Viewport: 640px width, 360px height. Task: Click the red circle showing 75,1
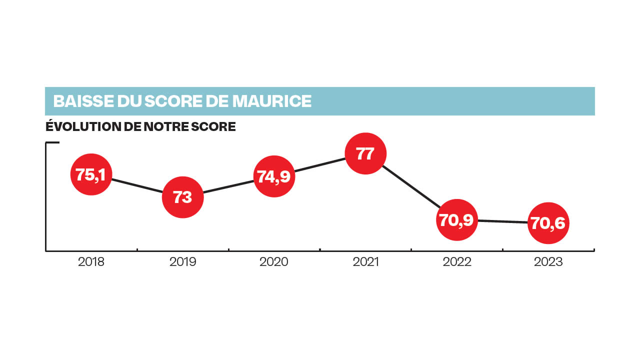click(91, 174)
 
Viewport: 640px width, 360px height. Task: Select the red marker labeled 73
click(182, 197)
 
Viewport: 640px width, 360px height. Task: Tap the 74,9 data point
click(274, 176)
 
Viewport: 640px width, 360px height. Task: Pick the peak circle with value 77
click(365, 153)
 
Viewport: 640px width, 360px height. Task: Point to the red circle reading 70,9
click(456, 220)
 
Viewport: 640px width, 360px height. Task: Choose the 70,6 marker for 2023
click(548, 223)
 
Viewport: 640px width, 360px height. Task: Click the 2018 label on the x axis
click(91, 262)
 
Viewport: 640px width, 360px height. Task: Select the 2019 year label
click(182, 262)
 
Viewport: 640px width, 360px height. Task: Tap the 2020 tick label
click(274, 262)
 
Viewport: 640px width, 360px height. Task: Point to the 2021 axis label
click(365, 262)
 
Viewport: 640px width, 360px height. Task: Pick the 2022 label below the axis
click(456, 262)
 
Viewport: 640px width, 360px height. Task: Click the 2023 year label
click(548, 262)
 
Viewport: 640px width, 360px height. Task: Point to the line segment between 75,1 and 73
click(136, 185)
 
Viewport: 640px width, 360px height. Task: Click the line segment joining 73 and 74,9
click(228, 186)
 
